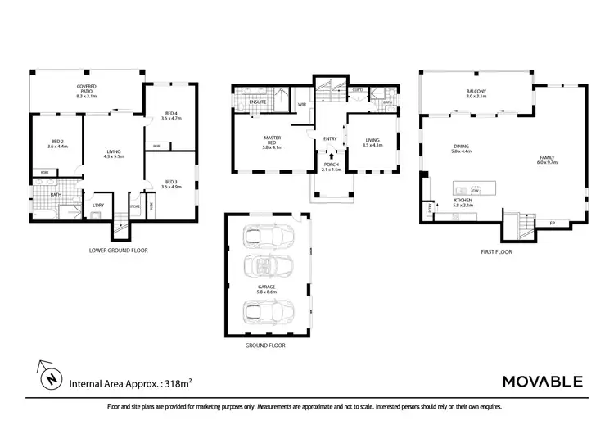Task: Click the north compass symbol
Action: coord(52,379)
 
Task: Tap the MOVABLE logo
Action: coord(541,382)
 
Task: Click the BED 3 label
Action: coord(170,183)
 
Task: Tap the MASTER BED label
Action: coord(273,140)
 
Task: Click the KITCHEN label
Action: coord(464,201)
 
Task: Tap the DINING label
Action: coord(462,148)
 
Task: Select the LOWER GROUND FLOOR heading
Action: coord(118,250)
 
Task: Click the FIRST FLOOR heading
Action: coord(497,251)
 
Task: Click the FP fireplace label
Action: coord(552,223)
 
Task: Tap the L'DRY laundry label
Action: coord(97,205)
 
